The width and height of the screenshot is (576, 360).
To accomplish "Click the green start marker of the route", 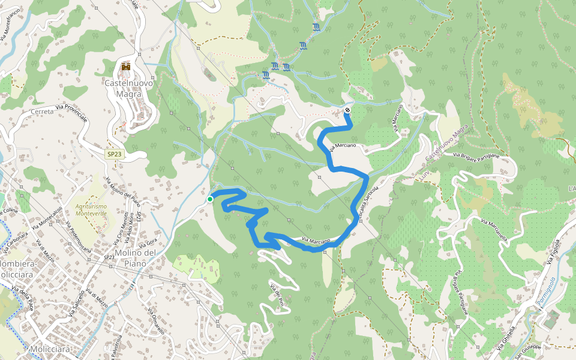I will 210,199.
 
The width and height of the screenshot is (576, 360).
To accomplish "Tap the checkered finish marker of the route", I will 347,110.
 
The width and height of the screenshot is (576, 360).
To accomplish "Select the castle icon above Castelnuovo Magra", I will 126,67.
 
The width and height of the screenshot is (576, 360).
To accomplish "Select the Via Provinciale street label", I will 71,112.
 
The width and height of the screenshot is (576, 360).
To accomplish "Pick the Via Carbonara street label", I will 16,239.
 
